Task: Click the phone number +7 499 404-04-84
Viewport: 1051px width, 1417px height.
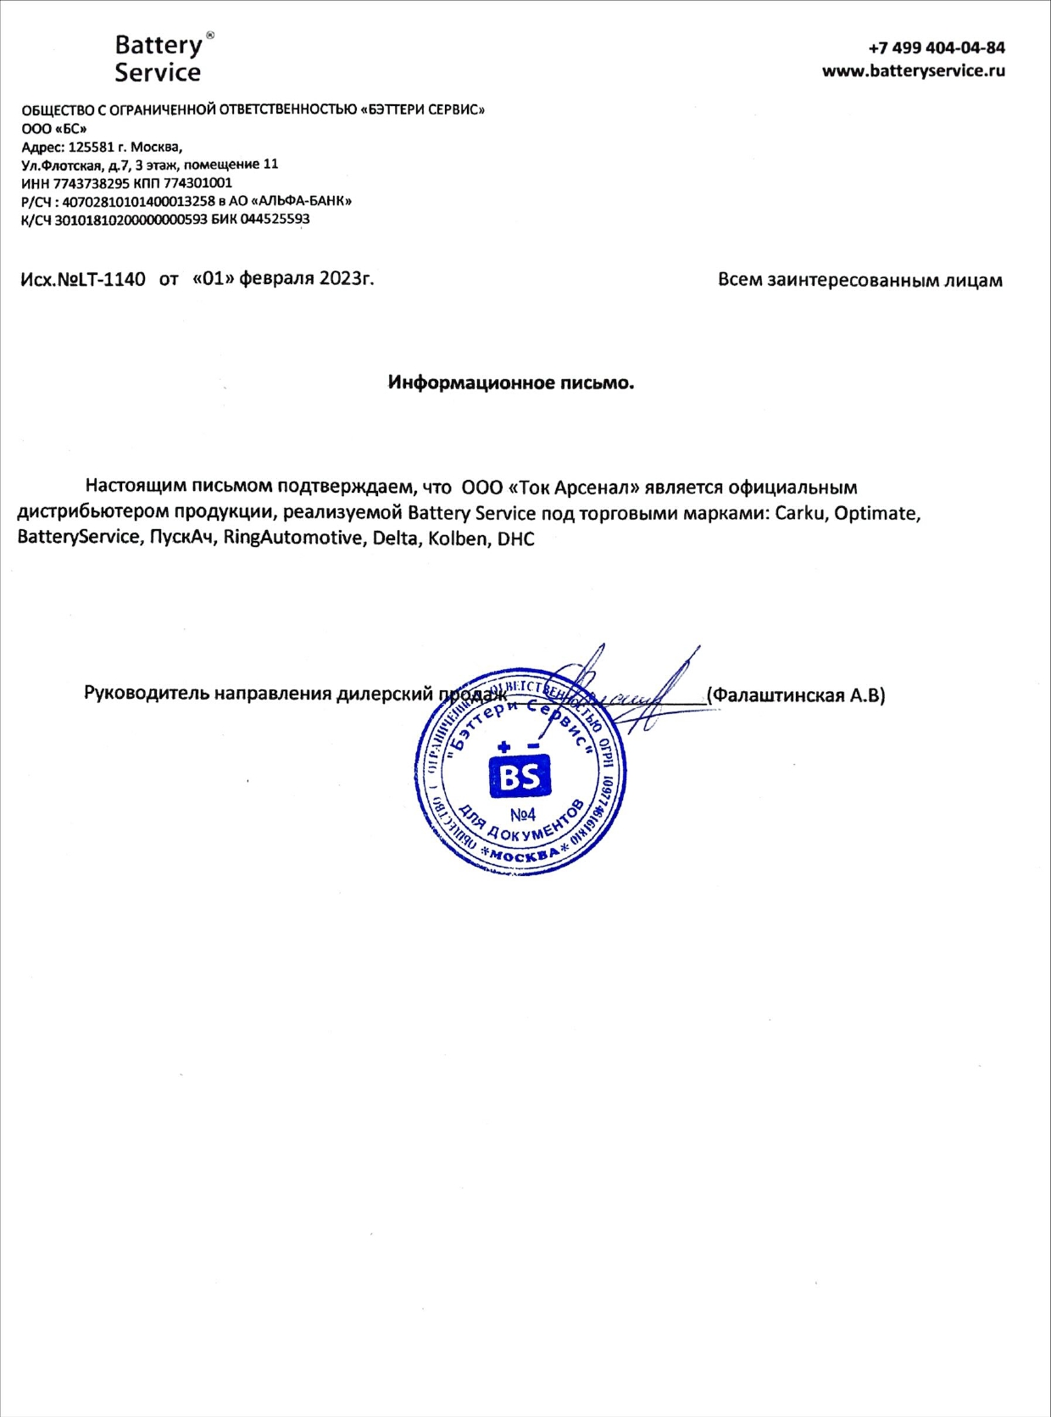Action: pos(937,47)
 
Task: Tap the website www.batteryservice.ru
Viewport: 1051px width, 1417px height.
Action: pos(913,71)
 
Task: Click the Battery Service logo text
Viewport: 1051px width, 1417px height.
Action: pos(158,58)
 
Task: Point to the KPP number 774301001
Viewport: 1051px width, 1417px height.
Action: pos(197,183)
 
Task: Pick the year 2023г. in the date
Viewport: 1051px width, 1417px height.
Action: pos(346,278)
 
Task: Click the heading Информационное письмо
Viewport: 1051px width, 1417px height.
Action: pos(511,382)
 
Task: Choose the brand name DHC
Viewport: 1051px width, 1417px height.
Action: pos(516,538)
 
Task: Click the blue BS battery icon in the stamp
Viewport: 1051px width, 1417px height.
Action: pos(520,774)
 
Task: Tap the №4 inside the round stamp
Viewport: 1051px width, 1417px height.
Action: pos(522,815)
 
